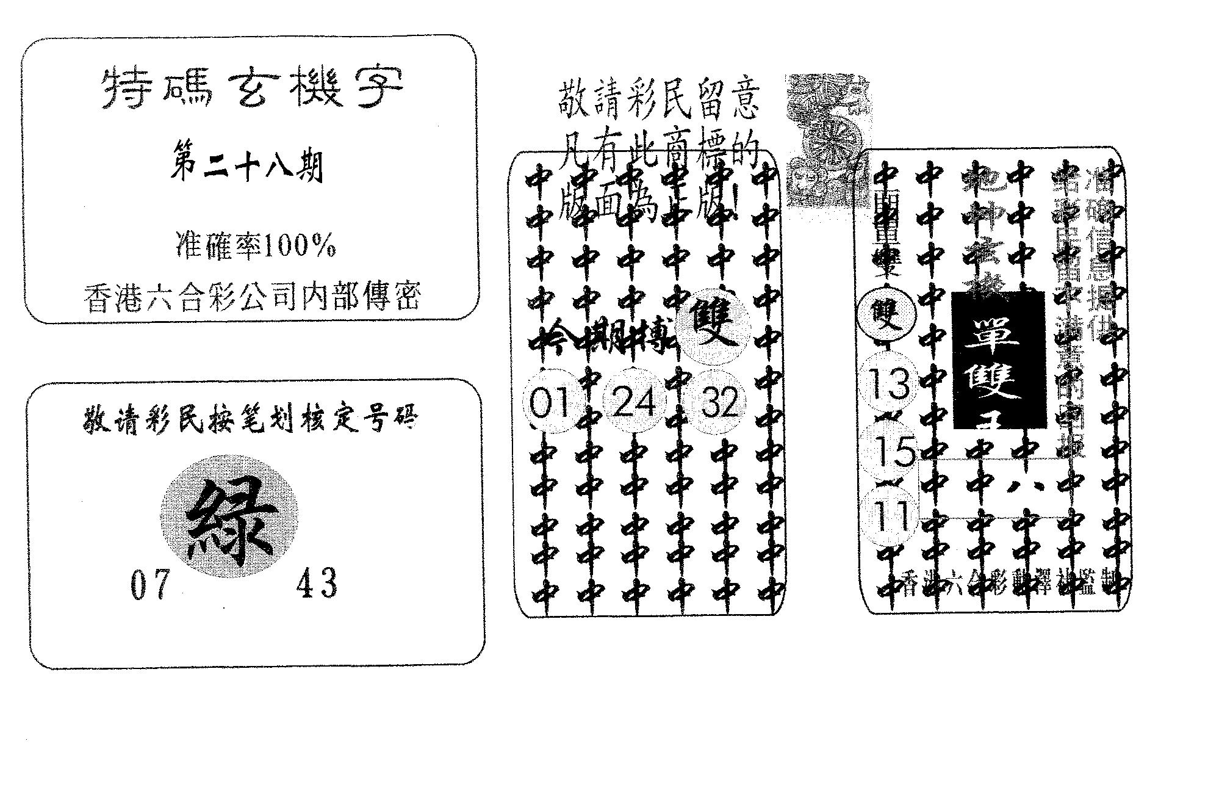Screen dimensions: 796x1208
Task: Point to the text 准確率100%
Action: pyautogui.click(x=255, y=247)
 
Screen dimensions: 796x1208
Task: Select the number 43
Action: pyautogui.click(x=316, y=583)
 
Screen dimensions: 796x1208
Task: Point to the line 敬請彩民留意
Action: pyautogui.click(x=659, y=102)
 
